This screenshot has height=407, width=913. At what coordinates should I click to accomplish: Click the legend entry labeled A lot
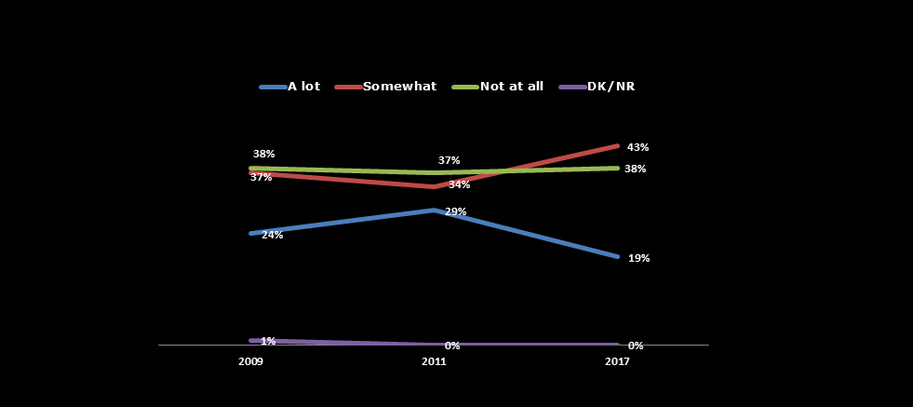290,87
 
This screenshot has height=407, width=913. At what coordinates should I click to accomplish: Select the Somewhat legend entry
385,87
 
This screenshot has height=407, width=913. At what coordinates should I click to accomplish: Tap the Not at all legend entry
498,87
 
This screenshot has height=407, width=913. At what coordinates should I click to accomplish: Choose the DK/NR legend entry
597,87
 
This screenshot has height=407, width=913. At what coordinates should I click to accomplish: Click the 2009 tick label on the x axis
250,362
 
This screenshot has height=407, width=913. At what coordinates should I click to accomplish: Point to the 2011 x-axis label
434,362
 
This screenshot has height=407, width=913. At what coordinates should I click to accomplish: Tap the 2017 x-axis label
617,362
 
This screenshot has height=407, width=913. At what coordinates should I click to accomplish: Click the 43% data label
638,147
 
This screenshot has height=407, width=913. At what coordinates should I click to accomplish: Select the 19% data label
638,258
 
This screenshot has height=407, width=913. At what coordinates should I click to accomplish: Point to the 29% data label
455,211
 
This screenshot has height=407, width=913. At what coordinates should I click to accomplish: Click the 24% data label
272,235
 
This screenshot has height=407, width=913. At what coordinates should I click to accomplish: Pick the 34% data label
459,184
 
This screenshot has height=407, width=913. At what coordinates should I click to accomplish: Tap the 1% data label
268,341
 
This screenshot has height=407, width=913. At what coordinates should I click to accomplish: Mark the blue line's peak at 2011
434,210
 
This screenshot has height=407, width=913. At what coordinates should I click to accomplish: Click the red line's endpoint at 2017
617,146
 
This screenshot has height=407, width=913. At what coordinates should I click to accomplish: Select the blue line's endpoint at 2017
617,256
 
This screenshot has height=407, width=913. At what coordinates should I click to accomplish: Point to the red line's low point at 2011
434,186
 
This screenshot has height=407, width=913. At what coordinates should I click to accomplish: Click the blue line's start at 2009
250,233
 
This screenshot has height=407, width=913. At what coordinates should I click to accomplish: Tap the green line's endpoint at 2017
617,168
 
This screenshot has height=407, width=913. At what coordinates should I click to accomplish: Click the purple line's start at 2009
250,340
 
